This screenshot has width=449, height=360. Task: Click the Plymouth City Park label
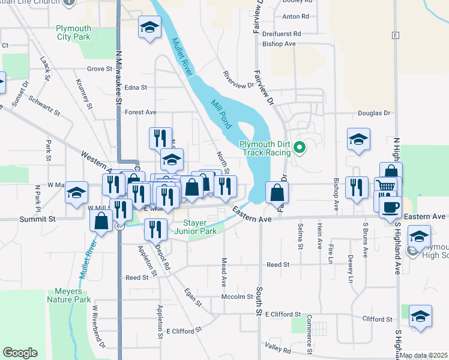point(73,32)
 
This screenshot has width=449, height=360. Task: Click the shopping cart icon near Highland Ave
point(385,187)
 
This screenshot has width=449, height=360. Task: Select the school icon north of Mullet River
point(149,28)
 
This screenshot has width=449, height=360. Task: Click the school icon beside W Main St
point(76,193)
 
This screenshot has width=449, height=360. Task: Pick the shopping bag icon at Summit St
point(101,220)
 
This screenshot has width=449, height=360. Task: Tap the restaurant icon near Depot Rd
point(155,229)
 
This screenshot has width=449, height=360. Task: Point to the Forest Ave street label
point(140,112)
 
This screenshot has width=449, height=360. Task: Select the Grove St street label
point(100,69)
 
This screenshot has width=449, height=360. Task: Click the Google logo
point(20,353)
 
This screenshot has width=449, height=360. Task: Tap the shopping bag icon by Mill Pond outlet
point(277,193)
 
